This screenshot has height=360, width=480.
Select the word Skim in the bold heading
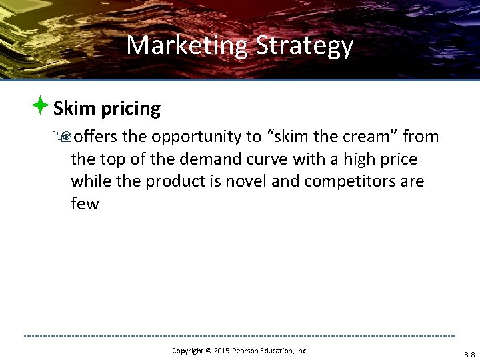[75, 108]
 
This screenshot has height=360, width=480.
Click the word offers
[96, 137]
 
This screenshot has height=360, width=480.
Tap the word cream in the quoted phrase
[361, 137]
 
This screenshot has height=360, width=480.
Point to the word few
[85, 204]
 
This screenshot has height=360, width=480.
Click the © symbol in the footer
[207, 351]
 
